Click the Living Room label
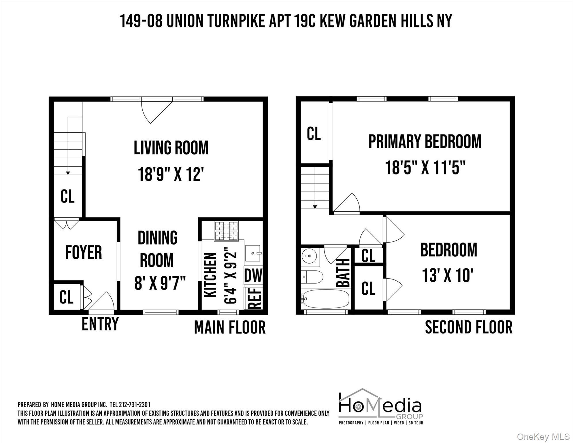(171, 148)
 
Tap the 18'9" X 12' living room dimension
(171, 174)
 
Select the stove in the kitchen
(226, 231)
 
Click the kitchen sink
(253, 253)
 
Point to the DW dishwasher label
(253, 275)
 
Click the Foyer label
(84, 252)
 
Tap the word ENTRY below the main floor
(100, 324)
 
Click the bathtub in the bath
(326, 299)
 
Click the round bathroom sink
(309, 256)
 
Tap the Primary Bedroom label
(425, 141)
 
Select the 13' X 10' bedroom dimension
(448, 275)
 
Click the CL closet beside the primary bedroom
(314, 134)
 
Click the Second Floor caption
(469, 327)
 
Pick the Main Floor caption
(230, 327)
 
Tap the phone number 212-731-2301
(134, 405)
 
